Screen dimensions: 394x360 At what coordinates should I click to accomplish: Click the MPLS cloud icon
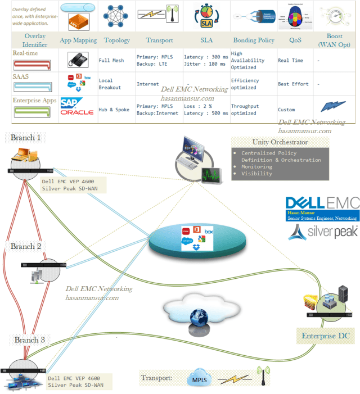200,378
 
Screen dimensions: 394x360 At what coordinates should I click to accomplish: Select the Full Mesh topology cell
111,60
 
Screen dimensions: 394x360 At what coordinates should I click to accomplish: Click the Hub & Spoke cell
114,110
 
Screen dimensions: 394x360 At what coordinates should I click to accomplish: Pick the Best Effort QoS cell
293,84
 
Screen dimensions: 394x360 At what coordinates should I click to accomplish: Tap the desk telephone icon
77,60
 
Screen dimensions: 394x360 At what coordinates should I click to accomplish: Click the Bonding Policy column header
253,40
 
